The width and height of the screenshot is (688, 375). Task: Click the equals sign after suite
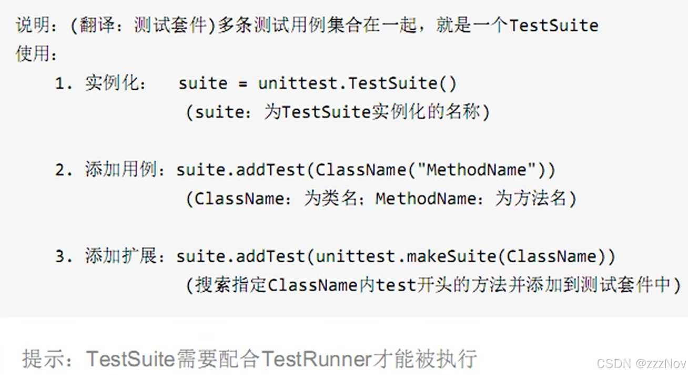[242, 84]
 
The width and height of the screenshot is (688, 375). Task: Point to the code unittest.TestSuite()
[357, 84]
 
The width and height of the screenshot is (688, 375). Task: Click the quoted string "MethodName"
[477, 170]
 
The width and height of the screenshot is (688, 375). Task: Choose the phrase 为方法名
[530, 199]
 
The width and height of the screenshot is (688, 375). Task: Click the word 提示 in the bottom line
[43, 359]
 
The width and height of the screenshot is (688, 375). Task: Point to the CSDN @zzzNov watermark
[641, 363]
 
